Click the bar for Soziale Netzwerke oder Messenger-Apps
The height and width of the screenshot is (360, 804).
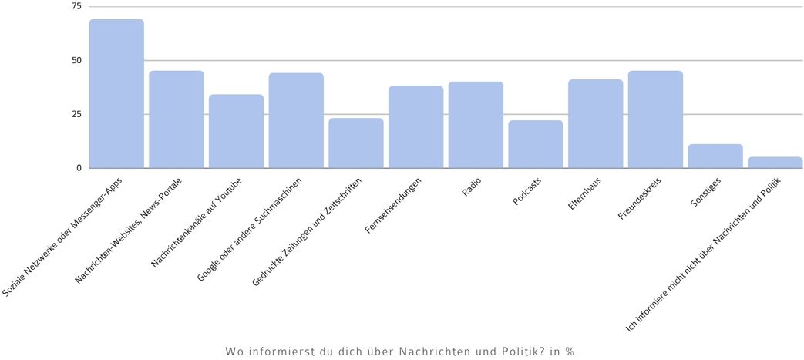[x=116, y=94]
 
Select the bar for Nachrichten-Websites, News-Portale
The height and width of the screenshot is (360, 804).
[x=177, y=119]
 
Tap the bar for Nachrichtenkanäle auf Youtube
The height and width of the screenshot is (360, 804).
[x=236, y=131]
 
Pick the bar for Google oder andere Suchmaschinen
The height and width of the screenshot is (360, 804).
[x=296, y=120]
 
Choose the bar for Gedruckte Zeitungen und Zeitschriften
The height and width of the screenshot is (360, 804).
[x=356, y=143]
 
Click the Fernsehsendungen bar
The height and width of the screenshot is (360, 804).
[x=415, y=127]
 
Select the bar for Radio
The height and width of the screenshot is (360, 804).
[x=476, y=125]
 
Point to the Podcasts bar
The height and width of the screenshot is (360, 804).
[x=536, y=144]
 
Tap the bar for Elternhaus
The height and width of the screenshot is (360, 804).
[x=595, y=123]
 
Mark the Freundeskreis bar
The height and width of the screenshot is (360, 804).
[x=655, y=119]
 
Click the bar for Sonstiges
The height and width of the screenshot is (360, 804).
[x=715, y=156]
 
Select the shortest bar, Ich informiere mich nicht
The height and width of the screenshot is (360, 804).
[x=775, y=163]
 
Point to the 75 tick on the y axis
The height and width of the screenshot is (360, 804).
[x=76, y=6]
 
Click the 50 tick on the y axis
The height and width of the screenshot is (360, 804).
[x=76, y=60]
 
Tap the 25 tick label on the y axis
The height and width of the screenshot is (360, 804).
[x=76, y=114]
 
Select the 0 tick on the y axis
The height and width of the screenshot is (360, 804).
[x=79, y=168]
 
